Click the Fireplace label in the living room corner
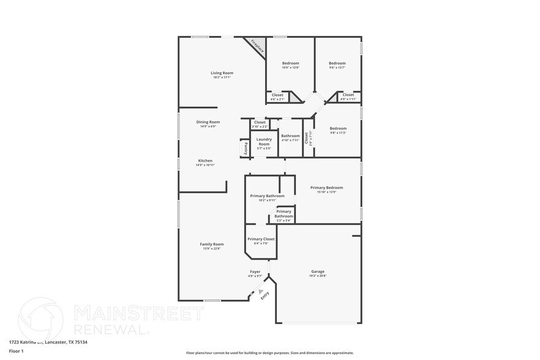pyautogui.click(x=256, y=47)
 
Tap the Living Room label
pyautogui.click(x=222, y=73)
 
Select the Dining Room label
pyautogui.click(x=208, y=122)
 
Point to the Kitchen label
pyautogui.click(x=205, y=160)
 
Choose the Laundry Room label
pyautogui.click(x=264, y=141)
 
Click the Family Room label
pyautogui.click(x=212, y=244)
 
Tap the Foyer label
pyautogui.click(x=255, y=271)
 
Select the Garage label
pyautogui.click(x=318, y=271)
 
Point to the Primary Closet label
pyautogui.click(x=261, y=239)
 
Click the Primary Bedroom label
pyautogui.click(x=326, y=187)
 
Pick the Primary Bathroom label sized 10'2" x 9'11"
pyautogui.click(x=267, y=196)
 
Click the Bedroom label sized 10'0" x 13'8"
pyautogui.click(x=290, y=63)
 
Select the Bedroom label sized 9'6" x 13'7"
pyautogui.click(x=337, y=63)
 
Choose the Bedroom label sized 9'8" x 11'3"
pyautogui.click(x=338, y=128)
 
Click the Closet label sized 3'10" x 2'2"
pyautogui.click(x=260, y=122)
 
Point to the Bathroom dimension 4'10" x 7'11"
pyautogui.click(x=290, y=140)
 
